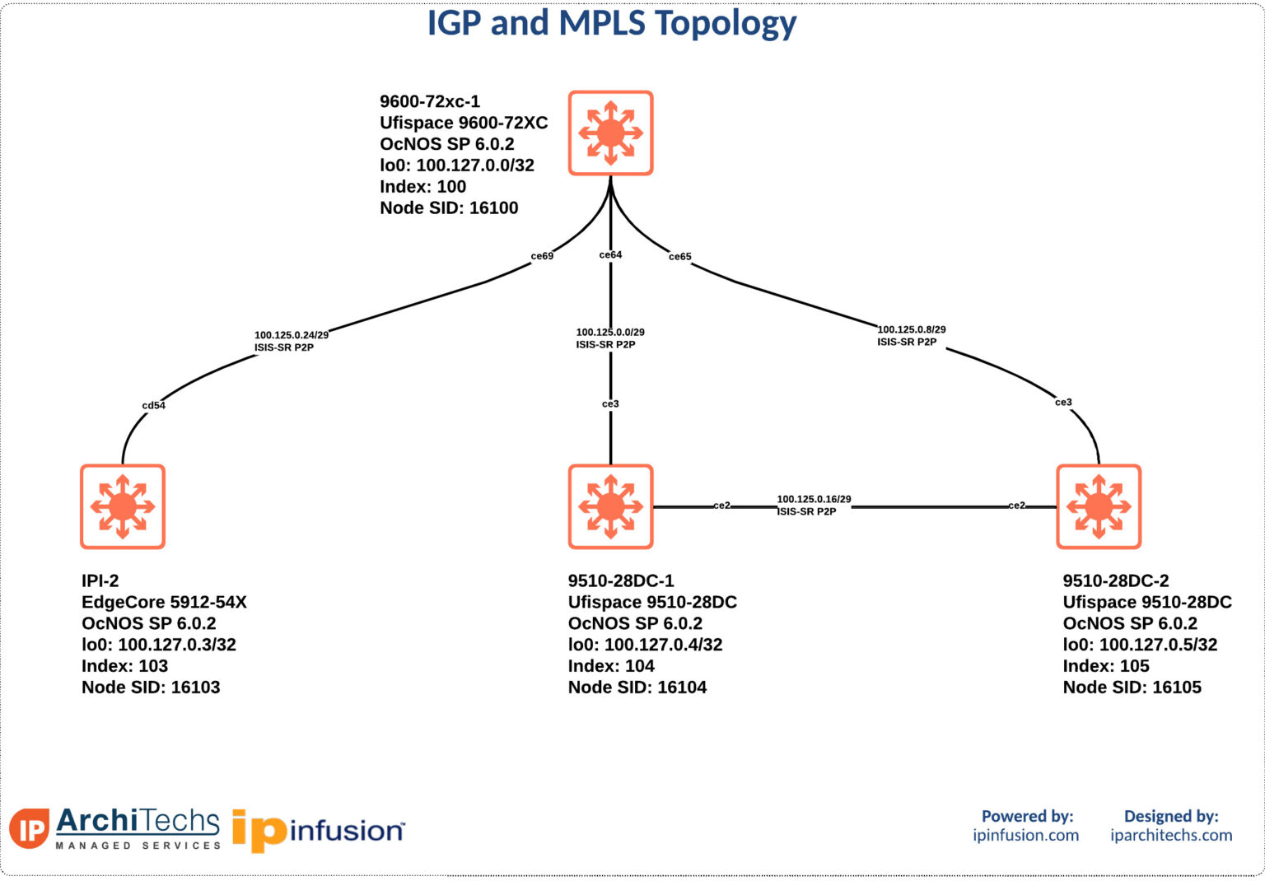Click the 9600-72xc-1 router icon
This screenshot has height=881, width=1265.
point(610,133)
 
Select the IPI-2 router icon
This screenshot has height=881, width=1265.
point(123,506)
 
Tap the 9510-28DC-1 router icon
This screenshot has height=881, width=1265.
point(610,506)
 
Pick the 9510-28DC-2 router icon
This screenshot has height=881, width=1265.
point(1099,506)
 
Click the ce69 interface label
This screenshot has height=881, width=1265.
point(542,256)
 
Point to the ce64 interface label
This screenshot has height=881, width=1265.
point(610,254)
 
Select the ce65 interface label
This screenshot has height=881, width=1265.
point(679,257)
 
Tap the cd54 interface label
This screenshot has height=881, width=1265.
point(153,405)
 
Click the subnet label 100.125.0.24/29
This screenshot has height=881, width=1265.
point(291,335)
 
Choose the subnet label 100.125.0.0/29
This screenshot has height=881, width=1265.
point(610,332)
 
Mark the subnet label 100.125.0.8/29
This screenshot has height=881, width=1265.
point(912,329)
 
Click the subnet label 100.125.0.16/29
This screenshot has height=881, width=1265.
point(814,499)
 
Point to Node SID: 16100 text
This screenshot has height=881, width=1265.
point(449,208)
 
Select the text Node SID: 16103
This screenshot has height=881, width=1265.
point(151,688)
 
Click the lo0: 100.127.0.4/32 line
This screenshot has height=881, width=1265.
point(645,645)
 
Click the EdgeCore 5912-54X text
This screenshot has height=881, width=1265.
point(164,602)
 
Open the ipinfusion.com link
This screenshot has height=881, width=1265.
point(1025,835)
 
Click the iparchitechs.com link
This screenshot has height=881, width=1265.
point(1170,835)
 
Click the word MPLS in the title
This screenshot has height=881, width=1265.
point(602,23)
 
